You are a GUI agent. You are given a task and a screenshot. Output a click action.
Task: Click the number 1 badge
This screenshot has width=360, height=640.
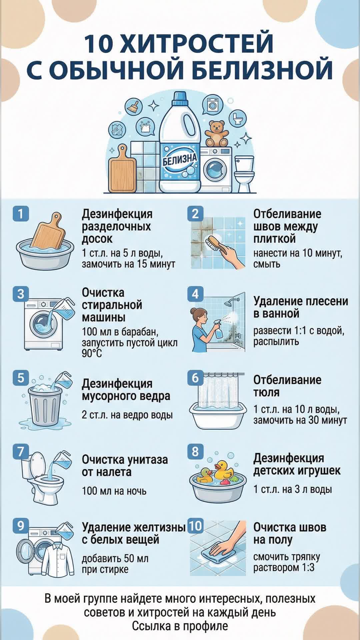(x=21, y=214)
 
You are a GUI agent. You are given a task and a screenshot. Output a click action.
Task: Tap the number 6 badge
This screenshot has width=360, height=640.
(x=195, y=378)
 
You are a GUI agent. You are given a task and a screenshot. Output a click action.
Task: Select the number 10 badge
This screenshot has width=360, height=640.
(x=195, y=526)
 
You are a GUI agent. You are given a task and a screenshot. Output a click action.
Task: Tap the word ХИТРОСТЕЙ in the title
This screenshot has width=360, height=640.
(x=197, y=43)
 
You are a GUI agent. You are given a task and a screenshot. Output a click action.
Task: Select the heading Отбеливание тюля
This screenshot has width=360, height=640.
(x=287, y=386)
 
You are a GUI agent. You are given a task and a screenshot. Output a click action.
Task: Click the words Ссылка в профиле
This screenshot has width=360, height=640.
(x=180, y=626)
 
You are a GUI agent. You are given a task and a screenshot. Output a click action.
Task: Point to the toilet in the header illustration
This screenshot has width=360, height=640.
(x=244, y=174)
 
